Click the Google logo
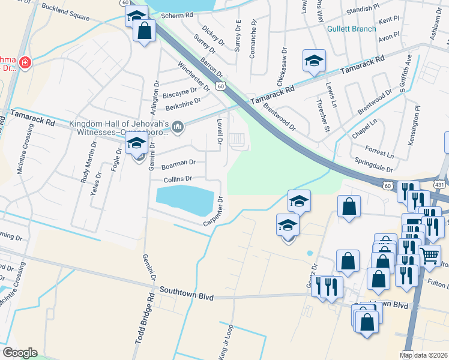(20, 353)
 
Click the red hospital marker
(25, 62)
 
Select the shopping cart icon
(430, 256)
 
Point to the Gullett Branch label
(352, 29)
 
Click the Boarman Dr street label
(179, 162)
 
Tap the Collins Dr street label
(178, 179)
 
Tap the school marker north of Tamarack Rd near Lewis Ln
(313, 61)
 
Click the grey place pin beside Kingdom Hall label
(178, 127)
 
